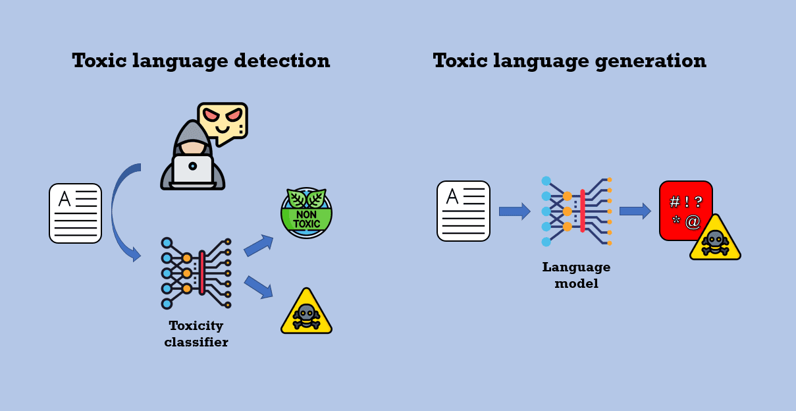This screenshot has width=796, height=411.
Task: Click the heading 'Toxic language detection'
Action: point(201,61)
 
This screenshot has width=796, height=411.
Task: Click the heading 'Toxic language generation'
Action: point(570,61)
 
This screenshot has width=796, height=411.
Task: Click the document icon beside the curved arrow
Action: point(76,213)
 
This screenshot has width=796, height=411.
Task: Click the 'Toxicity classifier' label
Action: point(196,334)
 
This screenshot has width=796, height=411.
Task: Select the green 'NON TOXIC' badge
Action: point(306,213)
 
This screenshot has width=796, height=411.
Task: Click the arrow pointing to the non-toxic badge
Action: point(258,246)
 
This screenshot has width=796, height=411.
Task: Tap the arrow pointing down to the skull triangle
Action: point(258,287)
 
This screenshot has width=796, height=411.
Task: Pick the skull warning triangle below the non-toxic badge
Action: point(306,314)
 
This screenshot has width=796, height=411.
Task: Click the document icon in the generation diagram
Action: point(464,211)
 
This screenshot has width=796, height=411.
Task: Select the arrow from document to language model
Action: point(514,211)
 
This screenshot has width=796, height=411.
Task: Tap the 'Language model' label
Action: point(576,275)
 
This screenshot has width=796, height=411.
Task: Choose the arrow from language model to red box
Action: point(635,211)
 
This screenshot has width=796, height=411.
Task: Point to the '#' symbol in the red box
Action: point(674,202)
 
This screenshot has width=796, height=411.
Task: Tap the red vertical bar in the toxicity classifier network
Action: point(202,273)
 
